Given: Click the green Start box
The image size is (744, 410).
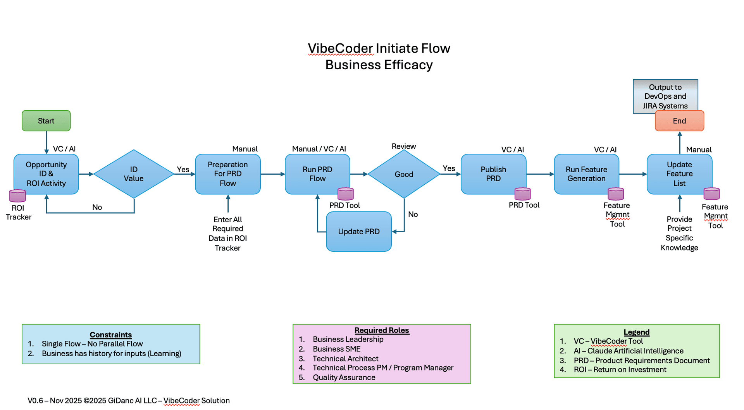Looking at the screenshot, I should pyautogui.click(x=46, y=121).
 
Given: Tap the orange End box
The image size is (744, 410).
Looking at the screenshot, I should pyautogui.click(x=679, y=121).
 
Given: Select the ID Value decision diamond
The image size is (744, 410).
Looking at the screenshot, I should pyautogui.click(x=133, y=174).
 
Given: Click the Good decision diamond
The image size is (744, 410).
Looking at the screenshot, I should pyautogui.click(x=403, y=174).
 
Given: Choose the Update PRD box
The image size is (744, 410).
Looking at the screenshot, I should pyautogui.click(x=358, y=232).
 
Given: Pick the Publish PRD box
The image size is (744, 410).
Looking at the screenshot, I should pyautogui.click(x=493, y=174).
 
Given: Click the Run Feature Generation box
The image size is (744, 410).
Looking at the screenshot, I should pyautogui.click(x=586, y=174).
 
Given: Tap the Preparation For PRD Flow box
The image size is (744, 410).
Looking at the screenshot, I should pyautogui.click(x=227, y=174).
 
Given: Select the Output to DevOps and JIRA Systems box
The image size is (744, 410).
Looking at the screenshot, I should pyautogui.click(x=665, y=96).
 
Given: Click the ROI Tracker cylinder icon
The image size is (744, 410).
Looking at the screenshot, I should pyautogui.click(x=17, y=196).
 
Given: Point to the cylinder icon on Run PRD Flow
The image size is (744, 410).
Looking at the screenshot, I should pyautogui.click(x=345, y=194).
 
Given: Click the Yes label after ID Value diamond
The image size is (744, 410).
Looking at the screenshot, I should pyautogui.click(x=183, y=169).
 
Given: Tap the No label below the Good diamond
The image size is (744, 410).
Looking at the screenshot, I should pyautogui.click(x=413, y=214).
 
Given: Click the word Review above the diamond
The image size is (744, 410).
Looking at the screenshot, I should pyautogui.click(x=403, y=146).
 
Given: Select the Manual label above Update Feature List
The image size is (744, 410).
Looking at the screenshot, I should pyautogui.click(x=699, y=149).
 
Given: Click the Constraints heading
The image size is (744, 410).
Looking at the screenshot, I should pyautogui.click(x=110, y=335).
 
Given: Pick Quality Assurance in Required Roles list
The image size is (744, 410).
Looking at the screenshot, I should pyautogui.click(x=344, y=377).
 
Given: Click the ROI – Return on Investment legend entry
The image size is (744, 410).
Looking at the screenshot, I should pyautogui.click(x=620, y=370).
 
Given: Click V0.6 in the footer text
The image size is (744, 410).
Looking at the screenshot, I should pyautogui.click(x=35, y=401).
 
